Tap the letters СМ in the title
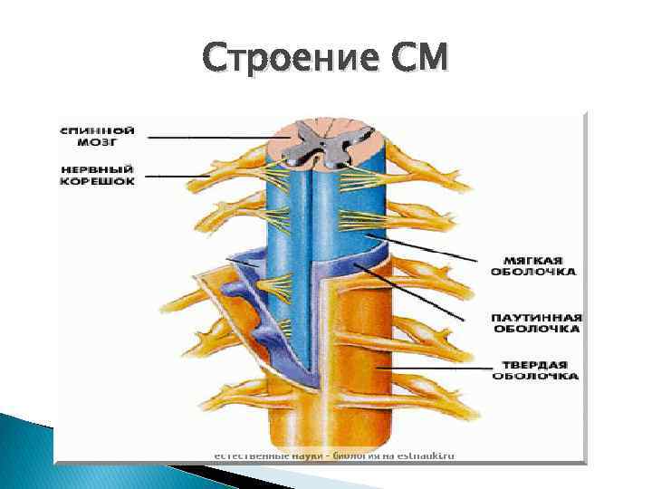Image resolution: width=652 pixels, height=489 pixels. click(x=417, y=60)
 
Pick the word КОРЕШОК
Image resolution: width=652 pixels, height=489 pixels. click(x=98, y=181)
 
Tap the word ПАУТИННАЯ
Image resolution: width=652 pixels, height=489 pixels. click(x=537, y=318)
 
